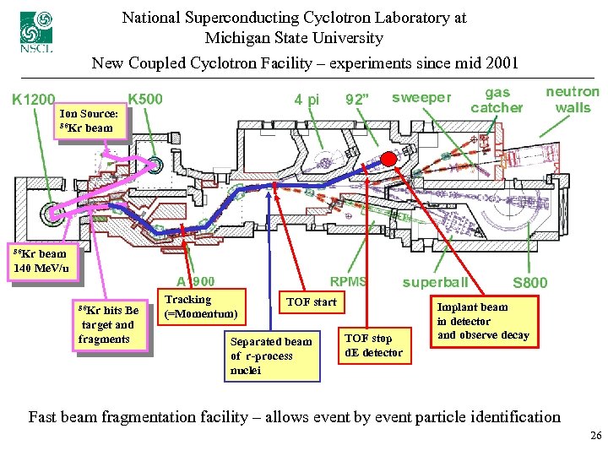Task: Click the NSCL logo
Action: (35, 31)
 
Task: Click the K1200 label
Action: (34, 99)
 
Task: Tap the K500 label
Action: (145, 98)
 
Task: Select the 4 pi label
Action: (307, 100)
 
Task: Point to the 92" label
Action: (358, 100)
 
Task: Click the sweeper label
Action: (421, 97)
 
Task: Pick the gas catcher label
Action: (497, 100)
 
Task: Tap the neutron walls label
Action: (573, 99)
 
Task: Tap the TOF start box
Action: (311, 302)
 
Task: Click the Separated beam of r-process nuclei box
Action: (271, 356)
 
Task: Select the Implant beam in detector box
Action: (483, 321)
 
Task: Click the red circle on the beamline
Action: (388, 159)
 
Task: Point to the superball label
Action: (435, 282)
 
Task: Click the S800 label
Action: (529, 282)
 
